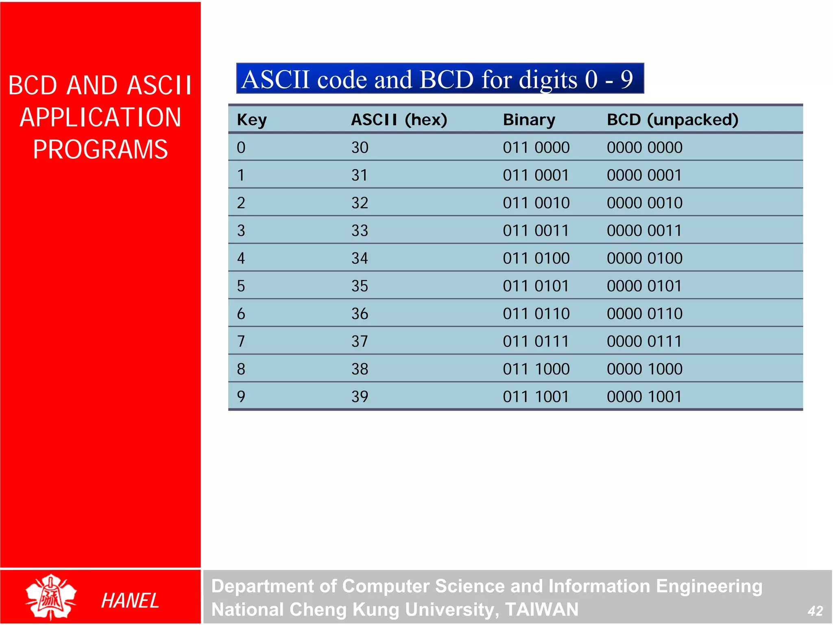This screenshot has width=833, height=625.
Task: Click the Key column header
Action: pyautogui.click(x=252, y=120)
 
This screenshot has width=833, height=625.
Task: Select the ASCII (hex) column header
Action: pyautogui.click(x=399, y=120)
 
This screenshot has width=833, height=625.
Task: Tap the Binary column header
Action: pyautogui.click(x=529, y=120)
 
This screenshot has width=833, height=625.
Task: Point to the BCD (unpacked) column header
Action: pyautogui.click(x=672, y=120)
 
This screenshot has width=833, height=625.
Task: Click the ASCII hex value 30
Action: pyautogui.click(x=360, y=148)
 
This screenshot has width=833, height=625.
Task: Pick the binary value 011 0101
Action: pyautogui.click(x=536, y=286)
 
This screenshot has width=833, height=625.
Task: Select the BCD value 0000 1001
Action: pyautogui.click(x=644, y=396)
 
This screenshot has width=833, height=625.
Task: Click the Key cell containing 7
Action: pyautogui.click(x=241, y=341)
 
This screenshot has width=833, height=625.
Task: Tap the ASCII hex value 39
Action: pyautogui.click(x=360, y=396)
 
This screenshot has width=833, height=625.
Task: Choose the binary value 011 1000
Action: pyautogui.click(x=536, y=369)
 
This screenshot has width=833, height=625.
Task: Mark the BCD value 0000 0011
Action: pyautogui.click(x=644, y=231)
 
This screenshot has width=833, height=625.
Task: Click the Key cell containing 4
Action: pyautogui.click(x=241, y=258)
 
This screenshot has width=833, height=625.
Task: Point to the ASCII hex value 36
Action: pyautogui.click(x=360, y=314)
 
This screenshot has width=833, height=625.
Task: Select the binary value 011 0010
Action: pyautogui.click(x=536, y=203)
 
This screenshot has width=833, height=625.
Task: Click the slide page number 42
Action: pyautogui.click(x=815, y=611)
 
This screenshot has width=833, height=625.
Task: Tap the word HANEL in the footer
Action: pyautogui.click(x=130, y=601)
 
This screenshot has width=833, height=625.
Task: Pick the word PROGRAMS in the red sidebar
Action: pyautogui.click(x=100, y=149)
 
